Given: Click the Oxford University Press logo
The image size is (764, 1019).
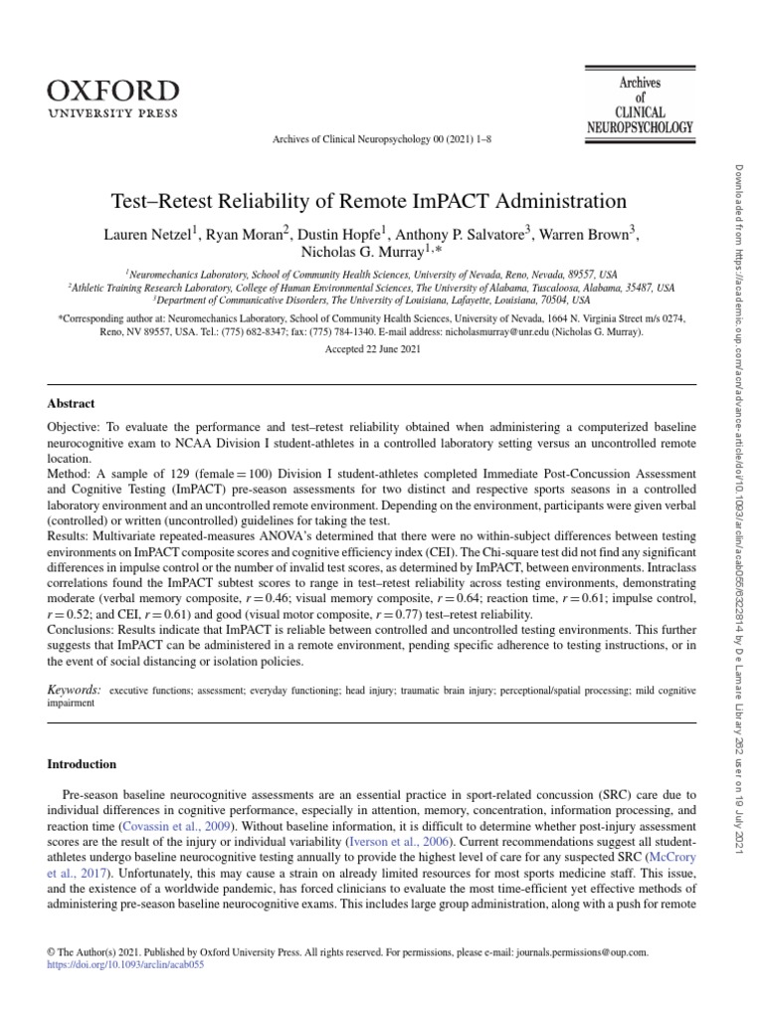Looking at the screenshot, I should [112, 99].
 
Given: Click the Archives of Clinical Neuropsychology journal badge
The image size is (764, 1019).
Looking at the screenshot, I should [639, 105].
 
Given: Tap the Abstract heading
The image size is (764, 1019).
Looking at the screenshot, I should [72, 403].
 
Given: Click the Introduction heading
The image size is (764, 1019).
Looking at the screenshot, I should [83, 764].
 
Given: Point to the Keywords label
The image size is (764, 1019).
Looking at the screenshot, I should [74, 689].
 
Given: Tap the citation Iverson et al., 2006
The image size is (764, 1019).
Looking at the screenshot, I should [403, 842].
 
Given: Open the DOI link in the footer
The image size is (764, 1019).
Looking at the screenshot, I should [125, 965].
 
